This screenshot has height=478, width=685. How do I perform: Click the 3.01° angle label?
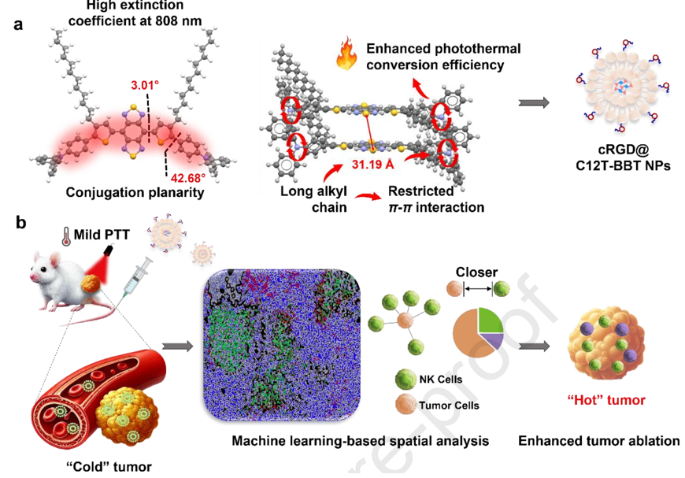click(x=145, y=85)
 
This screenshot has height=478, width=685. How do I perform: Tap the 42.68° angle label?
click(x=188, y=178)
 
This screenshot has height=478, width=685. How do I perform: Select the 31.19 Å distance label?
click(x=372, y=165)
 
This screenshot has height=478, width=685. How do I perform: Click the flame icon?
click(x=346, y=54)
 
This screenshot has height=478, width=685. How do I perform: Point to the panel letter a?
click(x=18, y=24)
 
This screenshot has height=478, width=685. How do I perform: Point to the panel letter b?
click(x=20, y=222)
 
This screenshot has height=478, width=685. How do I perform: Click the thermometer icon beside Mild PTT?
click(x=66, y=236)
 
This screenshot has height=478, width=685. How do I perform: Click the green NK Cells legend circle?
click(x=405, y=379)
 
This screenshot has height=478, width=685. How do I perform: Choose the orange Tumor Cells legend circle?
click(x=405, y=404)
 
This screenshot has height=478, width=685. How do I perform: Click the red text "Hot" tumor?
click(x=606, y=400)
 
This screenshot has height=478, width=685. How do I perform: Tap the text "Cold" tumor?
click(x=109, y=467)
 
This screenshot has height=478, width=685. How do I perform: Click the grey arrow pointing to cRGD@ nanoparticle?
click(x=534, y=102)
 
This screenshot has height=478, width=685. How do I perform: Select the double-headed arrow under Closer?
click(x=478, y=289)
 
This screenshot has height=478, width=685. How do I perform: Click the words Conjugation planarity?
click(x=135, y=193)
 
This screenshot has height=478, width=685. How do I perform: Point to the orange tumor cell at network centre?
click(x=404, y=321)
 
